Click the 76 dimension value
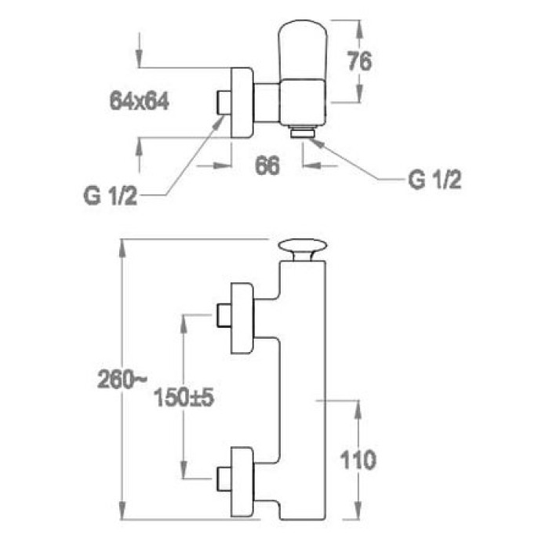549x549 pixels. (x=360, y=61)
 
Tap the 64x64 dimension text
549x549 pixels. (x=140, y=100)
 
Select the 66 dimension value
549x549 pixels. (x=269, y=165)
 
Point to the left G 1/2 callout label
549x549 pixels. (x=111, y=196)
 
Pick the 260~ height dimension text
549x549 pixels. (x=122, y=381)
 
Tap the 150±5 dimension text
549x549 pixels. (x=184, y=398)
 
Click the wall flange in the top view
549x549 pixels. (x=242, y=102)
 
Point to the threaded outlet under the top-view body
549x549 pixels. (x=301, y=132)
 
